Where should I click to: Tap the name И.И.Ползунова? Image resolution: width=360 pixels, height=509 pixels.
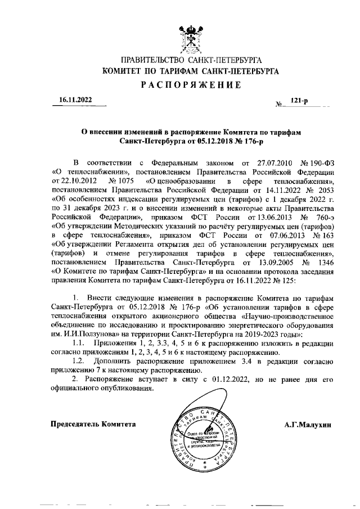click(x=76, y=334)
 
